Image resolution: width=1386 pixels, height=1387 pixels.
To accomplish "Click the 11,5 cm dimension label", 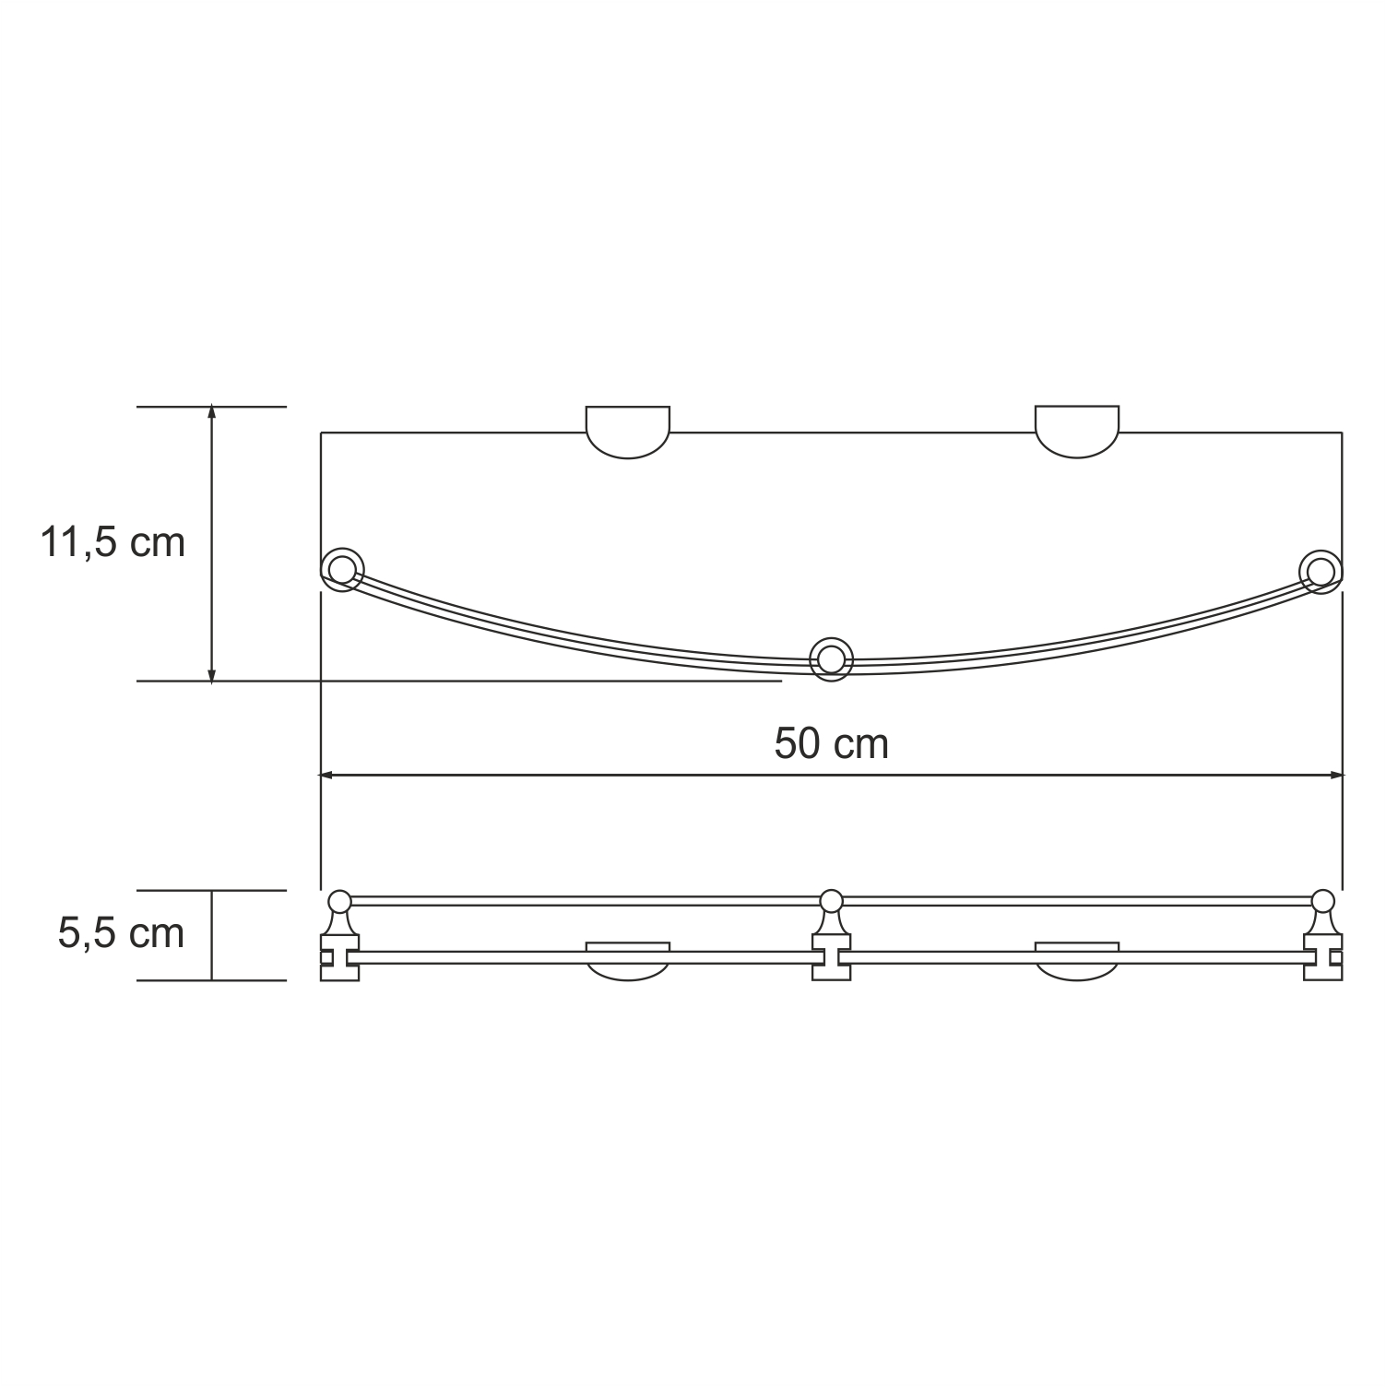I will click(x=113, y=542).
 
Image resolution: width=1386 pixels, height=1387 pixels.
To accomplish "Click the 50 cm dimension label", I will click(x=831, y=743).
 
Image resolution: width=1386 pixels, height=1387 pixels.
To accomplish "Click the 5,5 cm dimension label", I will click(x=121, y=933).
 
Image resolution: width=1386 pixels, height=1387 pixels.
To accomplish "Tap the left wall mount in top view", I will click(x=628, y=433).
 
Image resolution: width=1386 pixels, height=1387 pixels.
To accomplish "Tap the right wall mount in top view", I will click(x=1077, y=433).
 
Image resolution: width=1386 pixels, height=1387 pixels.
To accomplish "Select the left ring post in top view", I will click(x=342, y=571).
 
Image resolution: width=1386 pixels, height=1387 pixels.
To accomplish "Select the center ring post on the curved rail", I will click(x=831, y=659).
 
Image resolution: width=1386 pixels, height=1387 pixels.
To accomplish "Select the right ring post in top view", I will click(x=1321, y=571).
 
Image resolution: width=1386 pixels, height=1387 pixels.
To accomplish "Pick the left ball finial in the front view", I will click(x=339, y=900).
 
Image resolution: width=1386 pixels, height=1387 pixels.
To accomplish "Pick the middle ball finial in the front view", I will click(x=831, y=900).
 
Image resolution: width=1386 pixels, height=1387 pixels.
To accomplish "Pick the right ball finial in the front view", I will click(x=1322, y=900).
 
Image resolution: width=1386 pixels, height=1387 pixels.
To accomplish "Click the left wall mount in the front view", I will click(x=628, y=959).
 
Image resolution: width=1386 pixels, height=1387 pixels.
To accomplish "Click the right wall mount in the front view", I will click(x=1077, y=959).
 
